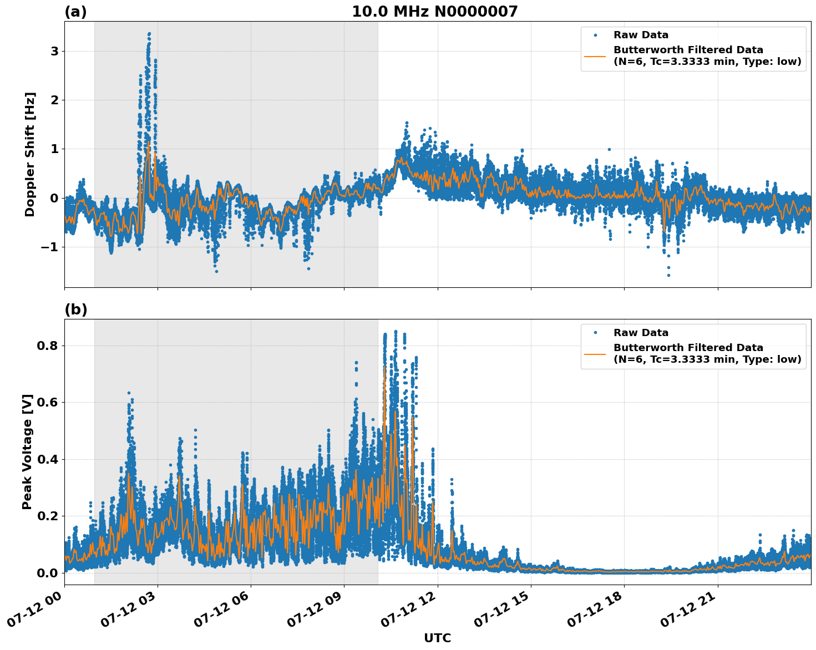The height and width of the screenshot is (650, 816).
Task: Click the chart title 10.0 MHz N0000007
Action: (434, 12)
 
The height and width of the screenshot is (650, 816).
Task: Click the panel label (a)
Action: (75, 12)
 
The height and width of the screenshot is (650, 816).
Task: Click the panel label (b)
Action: (75, 309)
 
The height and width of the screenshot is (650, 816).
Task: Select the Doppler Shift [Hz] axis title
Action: (30, 154)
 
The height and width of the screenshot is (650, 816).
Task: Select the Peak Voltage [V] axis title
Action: (27, 451)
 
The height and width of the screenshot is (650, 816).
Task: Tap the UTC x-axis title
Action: (437, 638)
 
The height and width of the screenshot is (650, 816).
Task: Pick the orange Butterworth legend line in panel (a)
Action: (595, 56)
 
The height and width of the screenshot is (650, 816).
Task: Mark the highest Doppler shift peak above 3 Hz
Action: (149, 34)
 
